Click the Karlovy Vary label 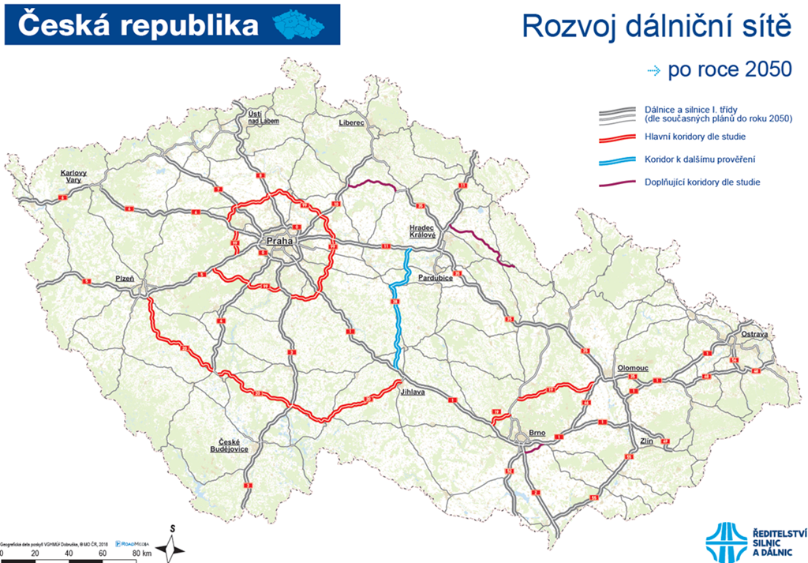tap(73, 176)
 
